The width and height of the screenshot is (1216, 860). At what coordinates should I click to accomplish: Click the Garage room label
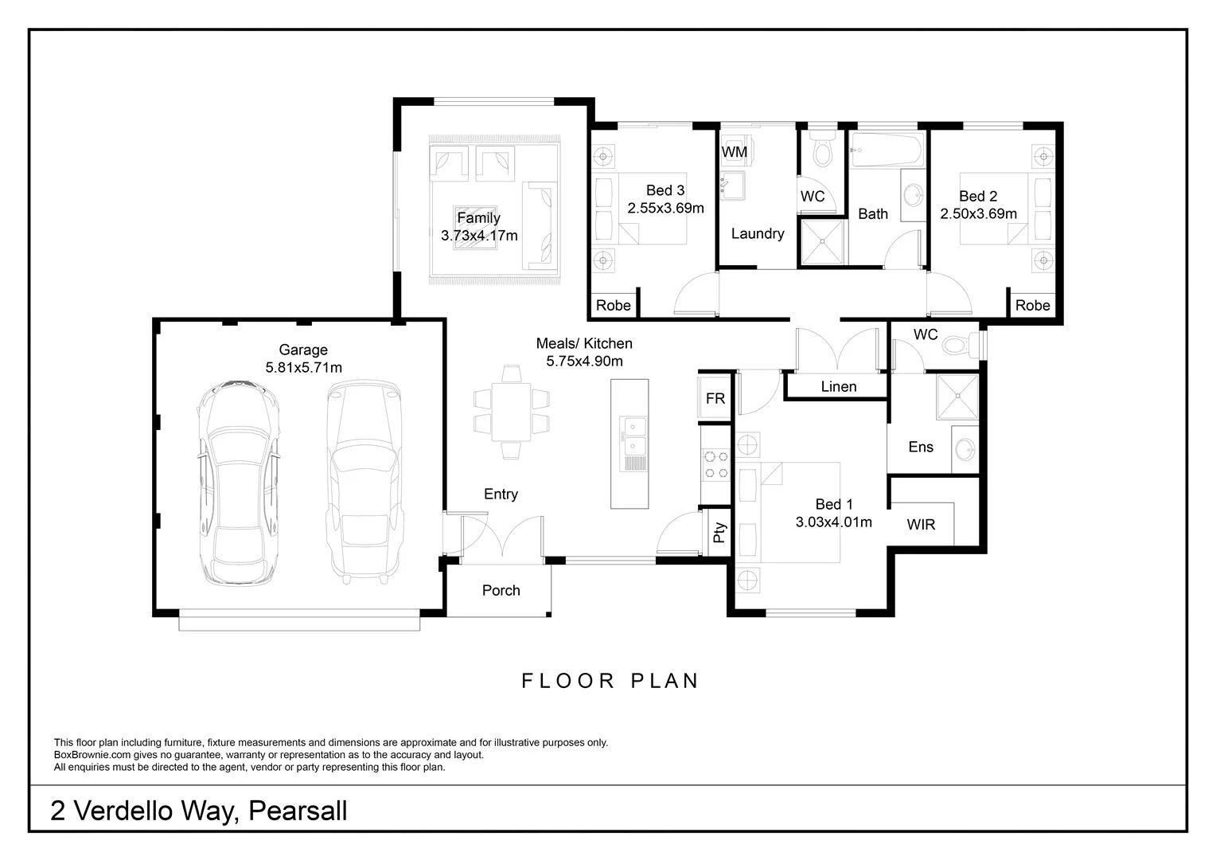click(x=303, y=350)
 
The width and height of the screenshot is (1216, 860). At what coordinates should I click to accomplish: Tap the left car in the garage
click(x=239, y=483)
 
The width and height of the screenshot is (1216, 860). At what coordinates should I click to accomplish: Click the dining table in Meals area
click(x=512, y=412)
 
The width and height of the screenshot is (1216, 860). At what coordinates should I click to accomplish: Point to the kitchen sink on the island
click(x=633, y=437)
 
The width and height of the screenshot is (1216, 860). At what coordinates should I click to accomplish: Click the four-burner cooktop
click(x=715, y=464)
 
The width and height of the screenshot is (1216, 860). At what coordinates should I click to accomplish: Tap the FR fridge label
click(x=715, y=398)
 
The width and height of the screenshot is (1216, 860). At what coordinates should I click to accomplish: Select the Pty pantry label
click(x=719, y=532)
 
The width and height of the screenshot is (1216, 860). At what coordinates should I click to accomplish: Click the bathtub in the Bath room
click(x=887, y=149)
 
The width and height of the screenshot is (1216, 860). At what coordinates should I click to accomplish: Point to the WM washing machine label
click(x=734, y=152)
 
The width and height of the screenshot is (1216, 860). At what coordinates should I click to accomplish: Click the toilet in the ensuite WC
click(x=960, y=344)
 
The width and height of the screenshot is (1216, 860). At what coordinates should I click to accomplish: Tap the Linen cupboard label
click(x=838, y=386)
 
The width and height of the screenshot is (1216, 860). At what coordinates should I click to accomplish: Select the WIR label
click(x=921, y=524)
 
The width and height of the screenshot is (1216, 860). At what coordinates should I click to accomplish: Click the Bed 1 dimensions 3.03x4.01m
click(x=833, y=522)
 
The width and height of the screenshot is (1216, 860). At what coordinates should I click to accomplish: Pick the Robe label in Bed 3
click(x=613, y=305)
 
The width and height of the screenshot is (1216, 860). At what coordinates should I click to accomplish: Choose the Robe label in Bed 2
click(x=1032, y=305)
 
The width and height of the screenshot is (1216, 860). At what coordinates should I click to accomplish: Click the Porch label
click(x=501, y=590)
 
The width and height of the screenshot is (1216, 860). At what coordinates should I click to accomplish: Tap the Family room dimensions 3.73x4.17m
click(x=479, y=235)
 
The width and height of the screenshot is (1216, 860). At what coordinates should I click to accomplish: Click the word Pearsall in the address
click(x=298, y=811)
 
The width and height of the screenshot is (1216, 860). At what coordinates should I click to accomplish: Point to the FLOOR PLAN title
click(x=610, y=681)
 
